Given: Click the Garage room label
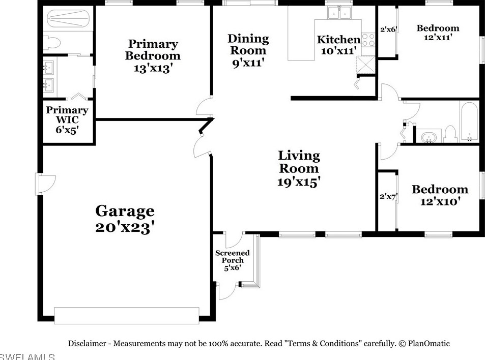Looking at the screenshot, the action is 125,212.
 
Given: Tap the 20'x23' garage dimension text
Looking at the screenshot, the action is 125,228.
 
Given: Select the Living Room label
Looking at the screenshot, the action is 299,162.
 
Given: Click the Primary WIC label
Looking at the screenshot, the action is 67,115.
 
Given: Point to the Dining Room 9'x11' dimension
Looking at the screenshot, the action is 248,63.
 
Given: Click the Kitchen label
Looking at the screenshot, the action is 339,40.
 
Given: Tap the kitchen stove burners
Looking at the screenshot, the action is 368,40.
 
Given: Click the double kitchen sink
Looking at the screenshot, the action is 339,13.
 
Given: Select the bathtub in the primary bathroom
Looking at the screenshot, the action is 68,19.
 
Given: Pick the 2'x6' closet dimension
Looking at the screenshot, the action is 388,29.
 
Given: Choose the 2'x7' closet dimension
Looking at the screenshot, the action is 388,196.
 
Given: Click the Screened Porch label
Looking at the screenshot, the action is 233,256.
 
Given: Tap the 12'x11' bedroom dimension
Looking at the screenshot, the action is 438,38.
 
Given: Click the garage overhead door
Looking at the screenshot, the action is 127,315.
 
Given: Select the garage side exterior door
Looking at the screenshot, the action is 46,184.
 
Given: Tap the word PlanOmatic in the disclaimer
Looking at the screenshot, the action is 429,343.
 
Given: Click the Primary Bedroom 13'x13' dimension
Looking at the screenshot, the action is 153,68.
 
